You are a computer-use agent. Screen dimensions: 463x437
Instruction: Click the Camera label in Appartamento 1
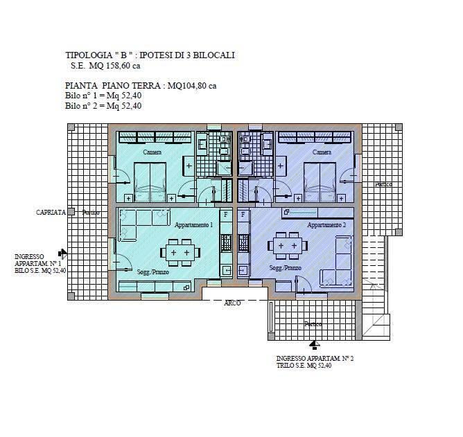(x=152, y=152)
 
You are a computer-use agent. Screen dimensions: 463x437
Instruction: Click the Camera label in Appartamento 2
(x=322, y=152)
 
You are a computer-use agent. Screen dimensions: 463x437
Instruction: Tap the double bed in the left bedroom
(x=150, y=182)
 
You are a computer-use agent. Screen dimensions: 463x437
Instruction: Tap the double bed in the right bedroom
(x=320, y=182)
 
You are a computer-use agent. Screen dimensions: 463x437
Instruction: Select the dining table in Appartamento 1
(x=180, y=253)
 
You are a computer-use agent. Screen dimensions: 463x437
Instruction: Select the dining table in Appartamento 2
(x=288, y=245)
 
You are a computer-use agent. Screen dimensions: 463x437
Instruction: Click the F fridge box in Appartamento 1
(x=226, y=215)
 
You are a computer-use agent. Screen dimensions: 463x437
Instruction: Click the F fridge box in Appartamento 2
(x=243, y=215)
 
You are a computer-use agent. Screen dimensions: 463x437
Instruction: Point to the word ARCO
(x=232, y=303)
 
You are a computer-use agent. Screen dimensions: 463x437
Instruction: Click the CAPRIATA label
(x=51, y=212)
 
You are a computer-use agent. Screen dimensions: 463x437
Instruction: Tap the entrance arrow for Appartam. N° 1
(x=63, y=253)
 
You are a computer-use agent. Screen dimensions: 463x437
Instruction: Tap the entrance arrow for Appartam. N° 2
(x=315, y=345)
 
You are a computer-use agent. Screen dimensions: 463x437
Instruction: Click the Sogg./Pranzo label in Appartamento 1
(x=153, y=271)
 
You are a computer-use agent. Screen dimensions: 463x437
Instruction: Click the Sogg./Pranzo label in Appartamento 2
(x=286, y=267)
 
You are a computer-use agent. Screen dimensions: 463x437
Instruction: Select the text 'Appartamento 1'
(x=193, y=225)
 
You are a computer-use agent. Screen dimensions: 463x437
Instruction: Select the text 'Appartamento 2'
(x=326, y=225)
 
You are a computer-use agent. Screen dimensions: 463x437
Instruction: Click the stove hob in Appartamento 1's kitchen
(x=226, y=242)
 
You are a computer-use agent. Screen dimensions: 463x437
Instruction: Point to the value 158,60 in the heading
(x=118, y=66)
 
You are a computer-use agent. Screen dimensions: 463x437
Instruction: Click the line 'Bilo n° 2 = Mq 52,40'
(x=103, y=106)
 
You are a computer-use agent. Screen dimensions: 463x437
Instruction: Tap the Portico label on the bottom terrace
(x=313, y=324)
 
